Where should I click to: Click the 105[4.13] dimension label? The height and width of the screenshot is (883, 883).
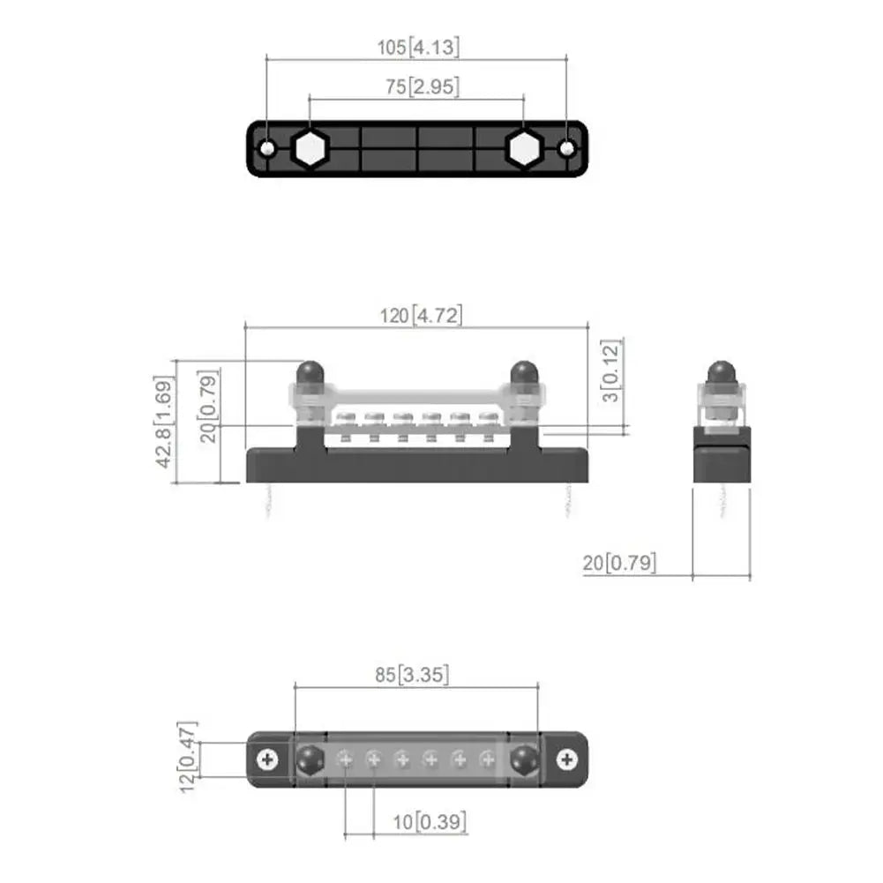click(x=418, y=47)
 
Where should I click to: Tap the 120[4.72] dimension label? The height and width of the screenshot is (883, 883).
click(x=421, y=315)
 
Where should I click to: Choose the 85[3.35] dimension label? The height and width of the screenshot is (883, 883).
click(x=411, y=675)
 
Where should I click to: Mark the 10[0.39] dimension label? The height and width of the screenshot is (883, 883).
click(x=430, y=822)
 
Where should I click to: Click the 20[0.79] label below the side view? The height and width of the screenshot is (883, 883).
click(x=619, y=563)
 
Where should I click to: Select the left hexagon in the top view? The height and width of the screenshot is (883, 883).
click(x=310, y=150)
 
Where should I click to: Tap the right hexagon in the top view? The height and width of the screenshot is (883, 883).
click(x=523, y=150)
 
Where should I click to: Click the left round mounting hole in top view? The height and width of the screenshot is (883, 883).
click(x=267, y=149)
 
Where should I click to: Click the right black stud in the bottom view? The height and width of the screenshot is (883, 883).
click(x=525, y=759)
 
